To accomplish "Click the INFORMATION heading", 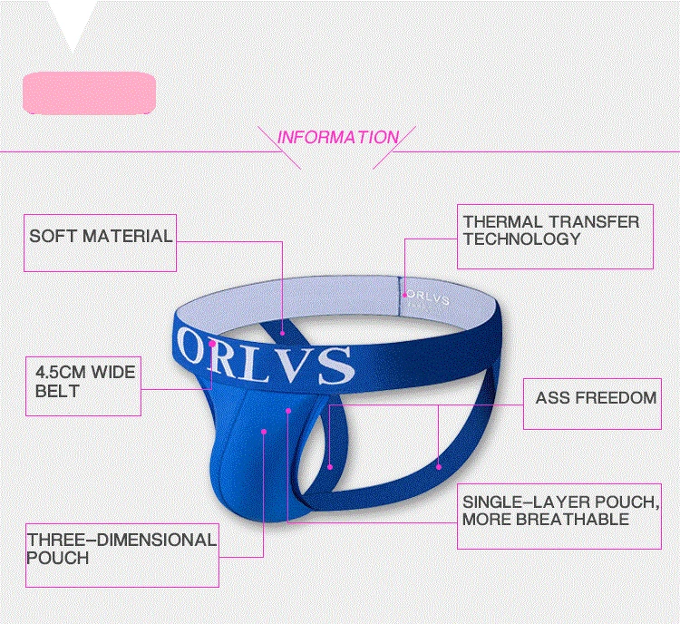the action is (x=337, y=138).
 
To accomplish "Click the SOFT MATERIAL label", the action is (x=101, y=237).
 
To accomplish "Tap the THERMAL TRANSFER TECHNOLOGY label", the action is (x=550, y=230).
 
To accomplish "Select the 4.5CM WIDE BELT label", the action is (x=84, y=382).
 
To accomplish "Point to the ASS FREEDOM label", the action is (x=596, y=398).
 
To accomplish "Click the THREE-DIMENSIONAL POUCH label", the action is (x=121, y=549).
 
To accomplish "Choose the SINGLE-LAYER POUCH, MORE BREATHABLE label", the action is (x=558, y=511).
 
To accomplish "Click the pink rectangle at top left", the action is (x=89, y=93).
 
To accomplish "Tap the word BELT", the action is (x=57, y=392).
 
